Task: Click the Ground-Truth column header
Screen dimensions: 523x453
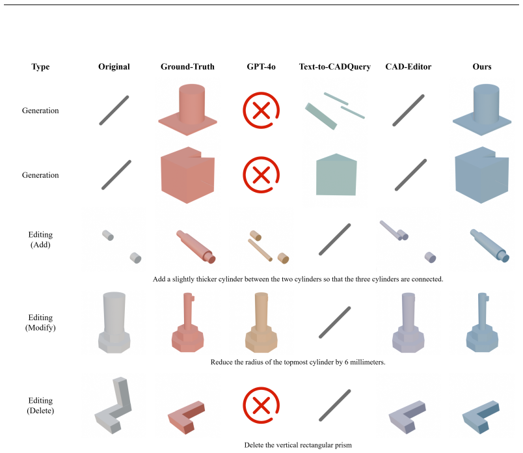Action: click(x=187, y=67)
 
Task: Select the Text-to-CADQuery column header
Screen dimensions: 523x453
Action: click(x=335, y=67)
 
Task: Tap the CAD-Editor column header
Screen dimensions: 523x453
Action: click(x=409, y=67)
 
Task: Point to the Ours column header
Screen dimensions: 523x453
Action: click(x=482, y=67)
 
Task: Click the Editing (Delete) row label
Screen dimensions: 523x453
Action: click(x=40, y=405)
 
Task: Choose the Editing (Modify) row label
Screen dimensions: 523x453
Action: click(x=40, y=322)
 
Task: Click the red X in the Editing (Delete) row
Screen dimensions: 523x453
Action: click(x=261, y=405)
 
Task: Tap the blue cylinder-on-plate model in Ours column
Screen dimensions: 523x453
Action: click(x=482, y=110)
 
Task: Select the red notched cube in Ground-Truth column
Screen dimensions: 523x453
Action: click(x=187, y=175)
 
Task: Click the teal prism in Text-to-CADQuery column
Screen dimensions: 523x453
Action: click(x=336, y=174)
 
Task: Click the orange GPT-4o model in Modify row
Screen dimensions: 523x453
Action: click(x=261, y=322)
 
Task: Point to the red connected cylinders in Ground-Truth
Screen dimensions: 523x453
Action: click(x=196, y=247)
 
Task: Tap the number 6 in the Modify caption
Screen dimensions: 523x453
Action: click(x=346, y=362)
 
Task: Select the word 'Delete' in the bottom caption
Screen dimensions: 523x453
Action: click(x=254, y=445)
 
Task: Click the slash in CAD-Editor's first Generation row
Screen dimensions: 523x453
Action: click(x=409, y=111)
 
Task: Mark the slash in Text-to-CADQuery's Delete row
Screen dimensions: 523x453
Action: click(x=335, y=405)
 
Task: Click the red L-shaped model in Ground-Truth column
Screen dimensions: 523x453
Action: click(x=186, y=417)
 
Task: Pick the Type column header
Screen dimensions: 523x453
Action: click(x=40, y=67)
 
